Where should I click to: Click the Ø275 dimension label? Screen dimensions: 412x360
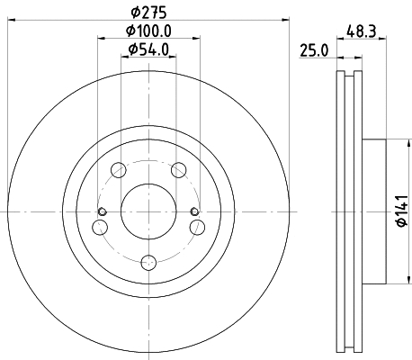(148, 13)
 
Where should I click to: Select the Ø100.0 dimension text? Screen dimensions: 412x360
(148, 31)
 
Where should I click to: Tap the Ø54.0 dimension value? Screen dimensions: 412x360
(148, 49)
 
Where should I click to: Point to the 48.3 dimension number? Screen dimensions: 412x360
(362, 31)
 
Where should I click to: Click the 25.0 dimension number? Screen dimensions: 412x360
(314, 50)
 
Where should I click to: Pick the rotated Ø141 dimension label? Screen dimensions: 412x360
(402, 211)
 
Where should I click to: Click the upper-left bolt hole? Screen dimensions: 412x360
(119, 170)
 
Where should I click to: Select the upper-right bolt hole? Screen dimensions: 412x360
(179, 170)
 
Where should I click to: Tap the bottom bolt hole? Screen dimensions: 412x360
(148, 263)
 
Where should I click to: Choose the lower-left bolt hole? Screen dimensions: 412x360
(100, 228)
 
